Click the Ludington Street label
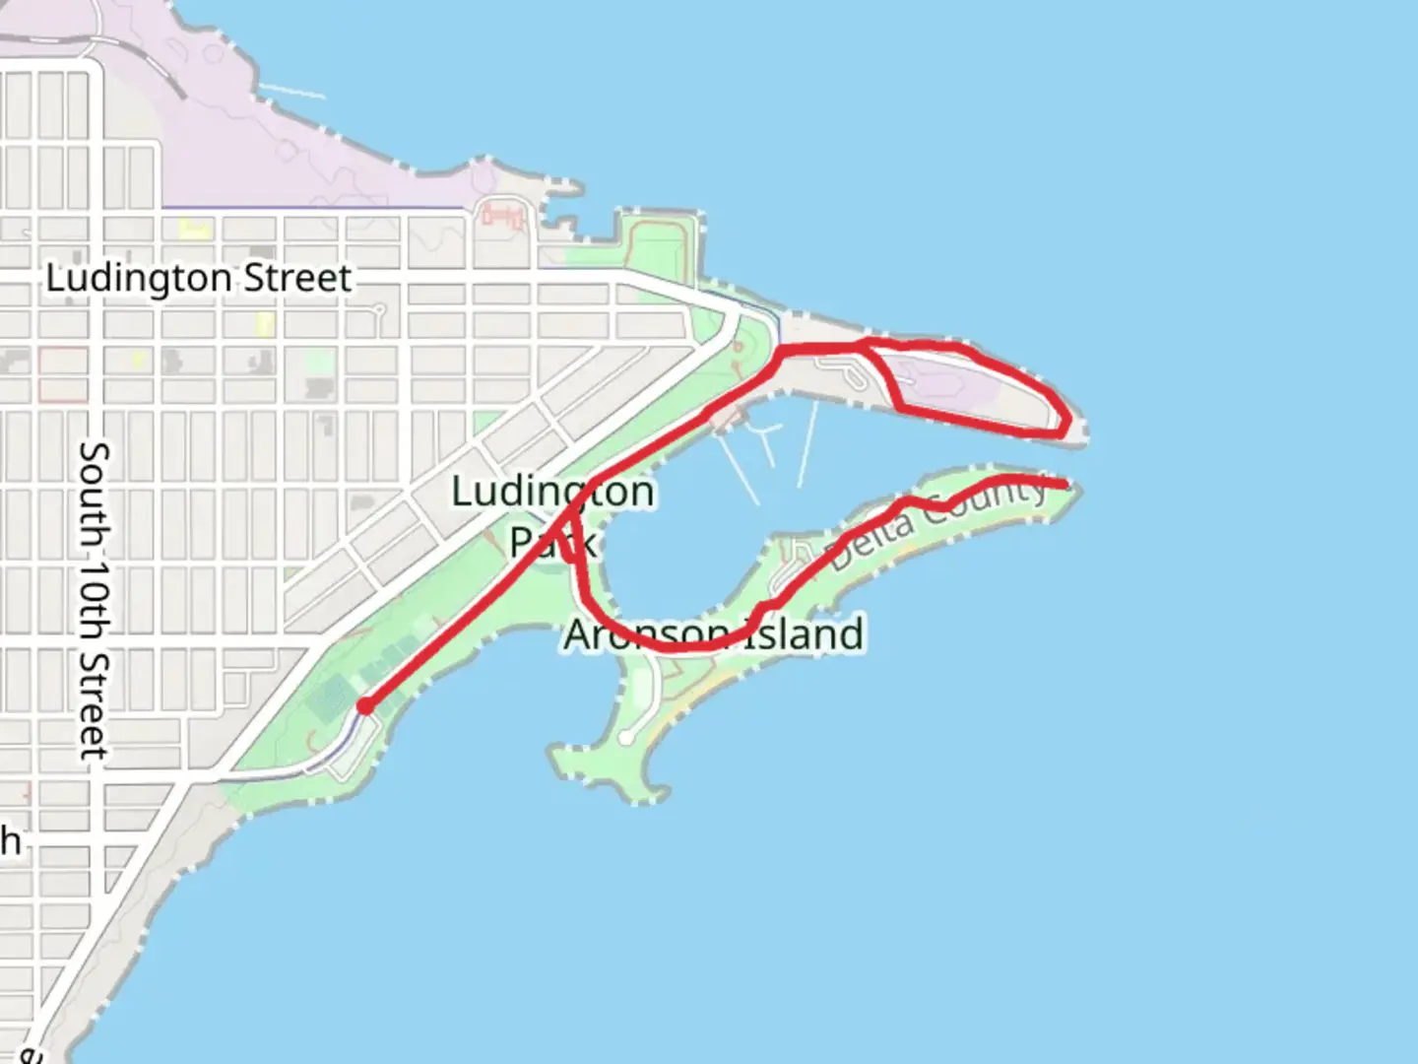[x=198, y=278]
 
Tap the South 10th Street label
[x=95, y=599]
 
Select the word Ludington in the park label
[x=551, y=491]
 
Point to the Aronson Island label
[x=714, y=634]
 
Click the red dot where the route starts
[x=365, y=705]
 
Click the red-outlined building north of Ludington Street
[x=502, y=214]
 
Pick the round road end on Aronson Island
[x=626, y=738]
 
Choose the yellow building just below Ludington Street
[x=264, y=323]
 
